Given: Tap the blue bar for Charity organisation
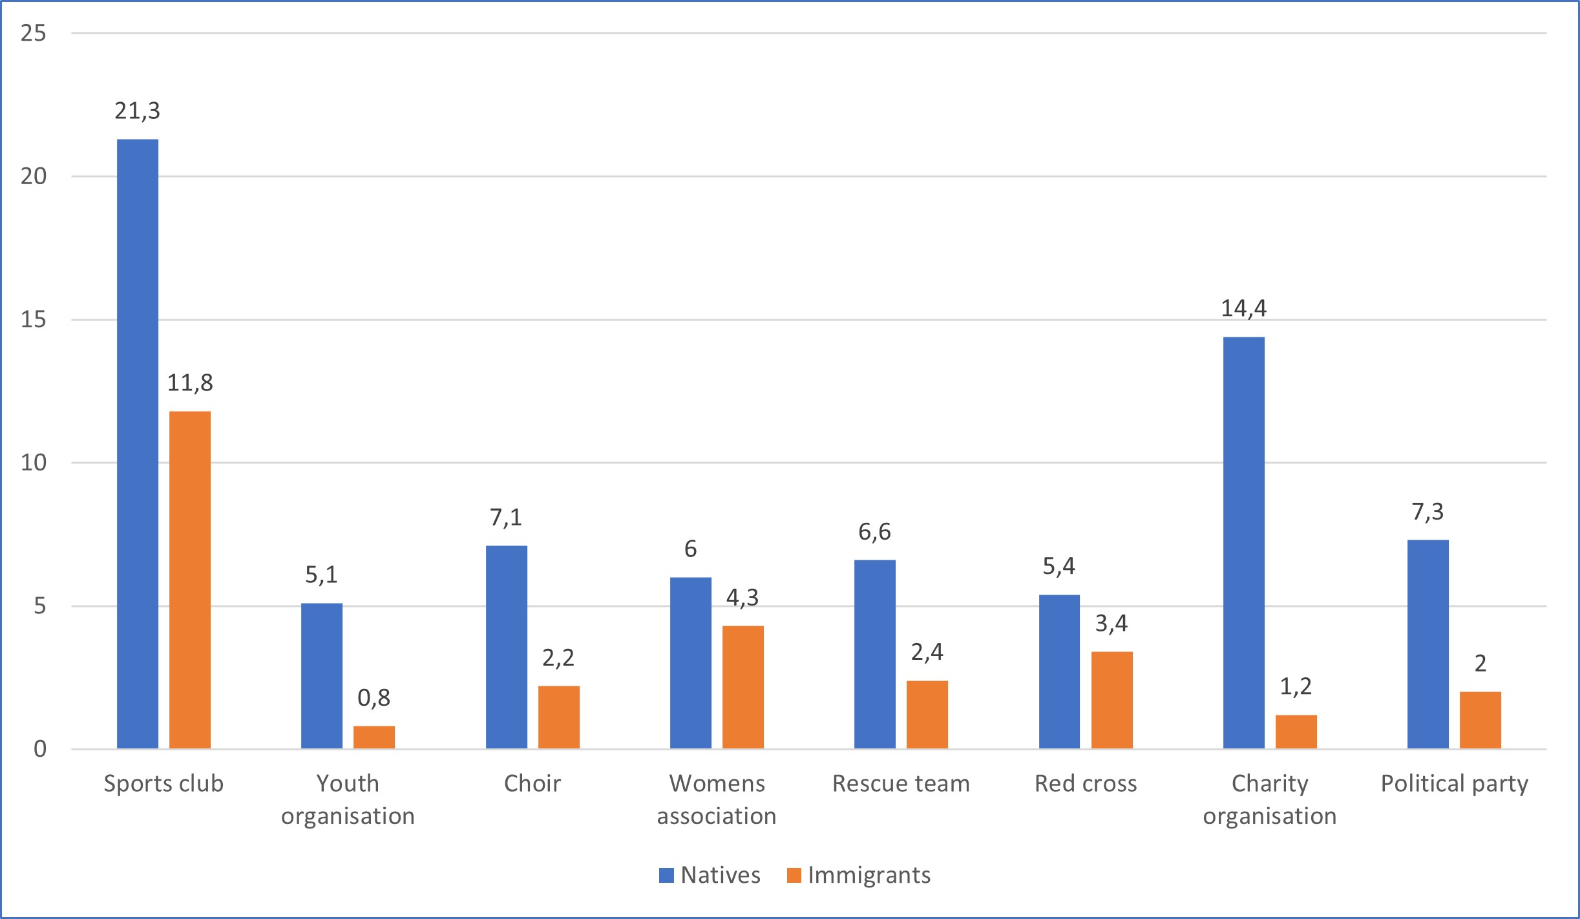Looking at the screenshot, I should pyautogui.click(x=1243, y=543).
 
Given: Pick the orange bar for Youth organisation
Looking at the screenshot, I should pyautogui.click(x=374, y=737).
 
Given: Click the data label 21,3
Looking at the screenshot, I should pyautogui.click(x=138, y=111).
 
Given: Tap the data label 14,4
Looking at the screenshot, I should pyautogui.click(x=1243, y=309).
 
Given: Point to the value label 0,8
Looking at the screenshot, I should pyautogui.click(x=374, y=698).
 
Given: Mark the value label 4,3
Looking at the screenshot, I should pyautogui.click(x=743, y=598).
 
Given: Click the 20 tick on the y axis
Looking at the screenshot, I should pyautogui.click(x=34, y=176).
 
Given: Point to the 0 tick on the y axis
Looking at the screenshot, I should pyautogui.click(x=40, y=749).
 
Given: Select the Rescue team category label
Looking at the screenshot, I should pyautogui.click(x=901, y=783).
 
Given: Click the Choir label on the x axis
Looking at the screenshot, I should pyautogui.click(x=532, y=783).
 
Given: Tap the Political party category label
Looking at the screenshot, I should pyautogui.click(x=1454, y=783).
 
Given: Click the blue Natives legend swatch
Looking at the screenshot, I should pyautogui.click(x=666, y=875).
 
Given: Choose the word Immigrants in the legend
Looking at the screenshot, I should pyautogui.click(x=869, y=875).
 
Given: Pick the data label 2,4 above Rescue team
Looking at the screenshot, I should pyautogui.click(x=927, y=653).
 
